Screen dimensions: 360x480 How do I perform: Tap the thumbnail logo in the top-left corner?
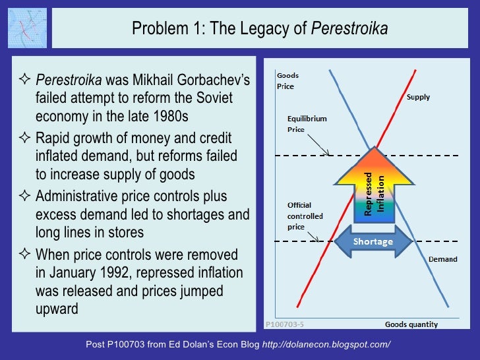[26, 28]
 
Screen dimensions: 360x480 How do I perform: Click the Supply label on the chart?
[418, 97]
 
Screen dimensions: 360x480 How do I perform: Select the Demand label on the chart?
[442, 259]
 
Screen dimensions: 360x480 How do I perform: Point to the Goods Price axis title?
[285, 81]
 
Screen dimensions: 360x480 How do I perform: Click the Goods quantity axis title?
[411, 324]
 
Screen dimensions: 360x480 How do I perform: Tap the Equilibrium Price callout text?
[307, 124]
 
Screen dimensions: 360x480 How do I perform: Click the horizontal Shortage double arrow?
[373, 241]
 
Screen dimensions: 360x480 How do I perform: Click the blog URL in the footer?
[326, 345]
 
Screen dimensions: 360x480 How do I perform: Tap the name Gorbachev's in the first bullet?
[213, 81]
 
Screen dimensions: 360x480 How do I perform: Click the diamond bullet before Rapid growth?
[26, 139]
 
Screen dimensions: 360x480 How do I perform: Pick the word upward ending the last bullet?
[57, 308]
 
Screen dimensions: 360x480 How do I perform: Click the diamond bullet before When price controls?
[26, 255]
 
